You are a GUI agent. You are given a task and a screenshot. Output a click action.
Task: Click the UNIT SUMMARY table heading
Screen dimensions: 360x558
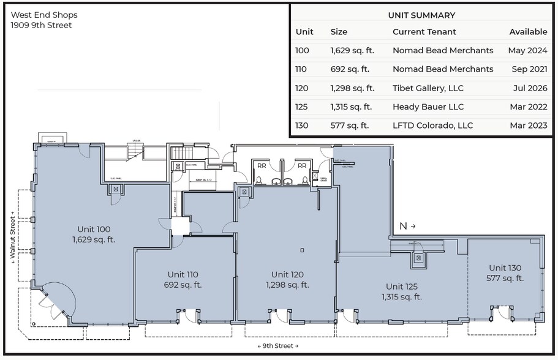[421, 15]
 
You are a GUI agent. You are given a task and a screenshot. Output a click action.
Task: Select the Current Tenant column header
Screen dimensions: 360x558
[424, 32]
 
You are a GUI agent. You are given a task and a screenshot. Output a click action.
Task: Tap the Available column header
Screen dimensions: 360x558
[528, 32]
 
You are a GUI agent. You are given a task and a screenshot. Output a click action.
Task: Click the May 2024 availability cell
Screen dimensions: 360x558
[527, 50]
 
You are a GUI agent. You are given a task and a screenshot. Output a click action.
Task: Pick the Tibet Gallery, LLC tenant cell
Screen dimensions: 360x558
[428, 88]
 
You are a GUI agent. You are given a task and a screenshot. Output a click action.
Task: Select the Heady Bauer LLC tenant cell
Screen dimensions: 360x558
[428, 107]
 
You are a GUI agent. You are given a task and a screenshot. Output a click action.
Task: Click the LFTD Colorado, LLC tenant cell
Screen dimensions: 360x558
[432, 126]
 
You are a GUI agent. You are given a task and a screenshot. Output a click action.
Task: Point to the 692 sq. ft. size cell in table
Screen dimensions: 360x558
[351, 69]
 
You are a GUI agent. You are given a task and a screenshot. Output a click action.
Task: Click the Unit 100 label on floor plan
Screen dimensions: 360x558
[94, 229]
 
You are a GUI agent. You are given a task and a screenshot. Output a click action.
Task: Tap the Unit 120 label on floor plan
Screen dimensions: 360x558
[287, 274]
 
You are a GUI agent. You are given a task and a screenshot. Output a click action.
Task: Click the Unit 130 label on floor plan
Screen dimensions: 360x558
[505, 268]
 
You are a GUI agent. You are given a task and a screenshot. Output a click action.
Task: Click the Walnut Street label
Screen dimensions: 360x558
[12, 235]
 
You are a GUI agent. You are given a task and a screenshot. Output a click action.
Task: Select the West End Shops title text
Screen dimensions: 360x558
[44, 15]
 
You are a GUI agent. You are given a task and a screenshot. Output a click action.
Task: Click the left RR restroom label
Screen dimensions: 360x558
[262, 165]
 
